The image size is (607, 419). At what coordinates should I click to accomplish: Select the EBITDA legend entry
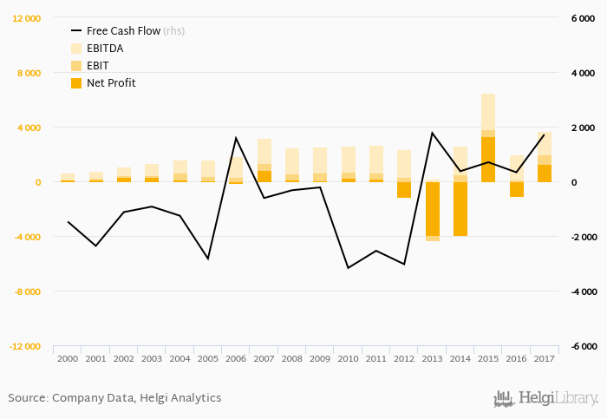(x=105, y=49)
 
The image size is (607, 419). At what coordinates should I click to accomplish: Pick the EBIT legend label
(x=97, y=66)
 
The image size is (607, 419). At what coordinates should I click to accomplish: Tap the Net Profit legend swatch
(x=75, y=83)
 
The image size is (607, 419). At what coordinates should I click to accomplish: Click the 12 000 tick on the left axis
(x=26, y=18)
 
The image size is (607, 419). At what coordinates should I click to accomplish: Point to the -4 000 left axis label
(x=26, y=237)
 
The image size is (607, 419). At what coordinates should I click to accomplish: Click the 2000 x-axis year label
(x=68, y=358)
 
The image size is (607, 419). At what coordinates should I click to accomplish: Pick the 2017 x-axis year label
(x=544, y=358)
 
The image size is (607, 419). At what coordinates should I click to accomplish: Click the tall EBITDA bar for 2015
(x=488, y=112)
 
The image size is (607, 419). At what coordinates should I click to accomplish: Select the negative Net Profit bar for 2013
(x=432, y=209)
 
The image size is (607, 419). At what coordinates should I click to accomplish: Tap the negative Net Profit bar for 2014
(x=460, y=209)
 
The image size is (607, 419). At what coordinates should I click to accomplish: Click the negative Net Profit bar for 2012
(x=404, y=190)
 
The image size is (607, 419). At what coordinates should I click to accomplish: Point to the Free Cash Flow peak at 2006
(x=236, y=138)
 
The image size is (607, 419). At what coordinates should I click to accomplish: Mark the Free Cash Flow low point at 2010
(x=348, y=268)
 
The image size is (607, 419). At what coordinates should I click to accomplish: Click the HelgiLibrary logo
(x=545, y=399)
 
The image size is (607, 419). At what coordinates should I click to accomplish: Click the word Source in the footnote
(x=28, y=398)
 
